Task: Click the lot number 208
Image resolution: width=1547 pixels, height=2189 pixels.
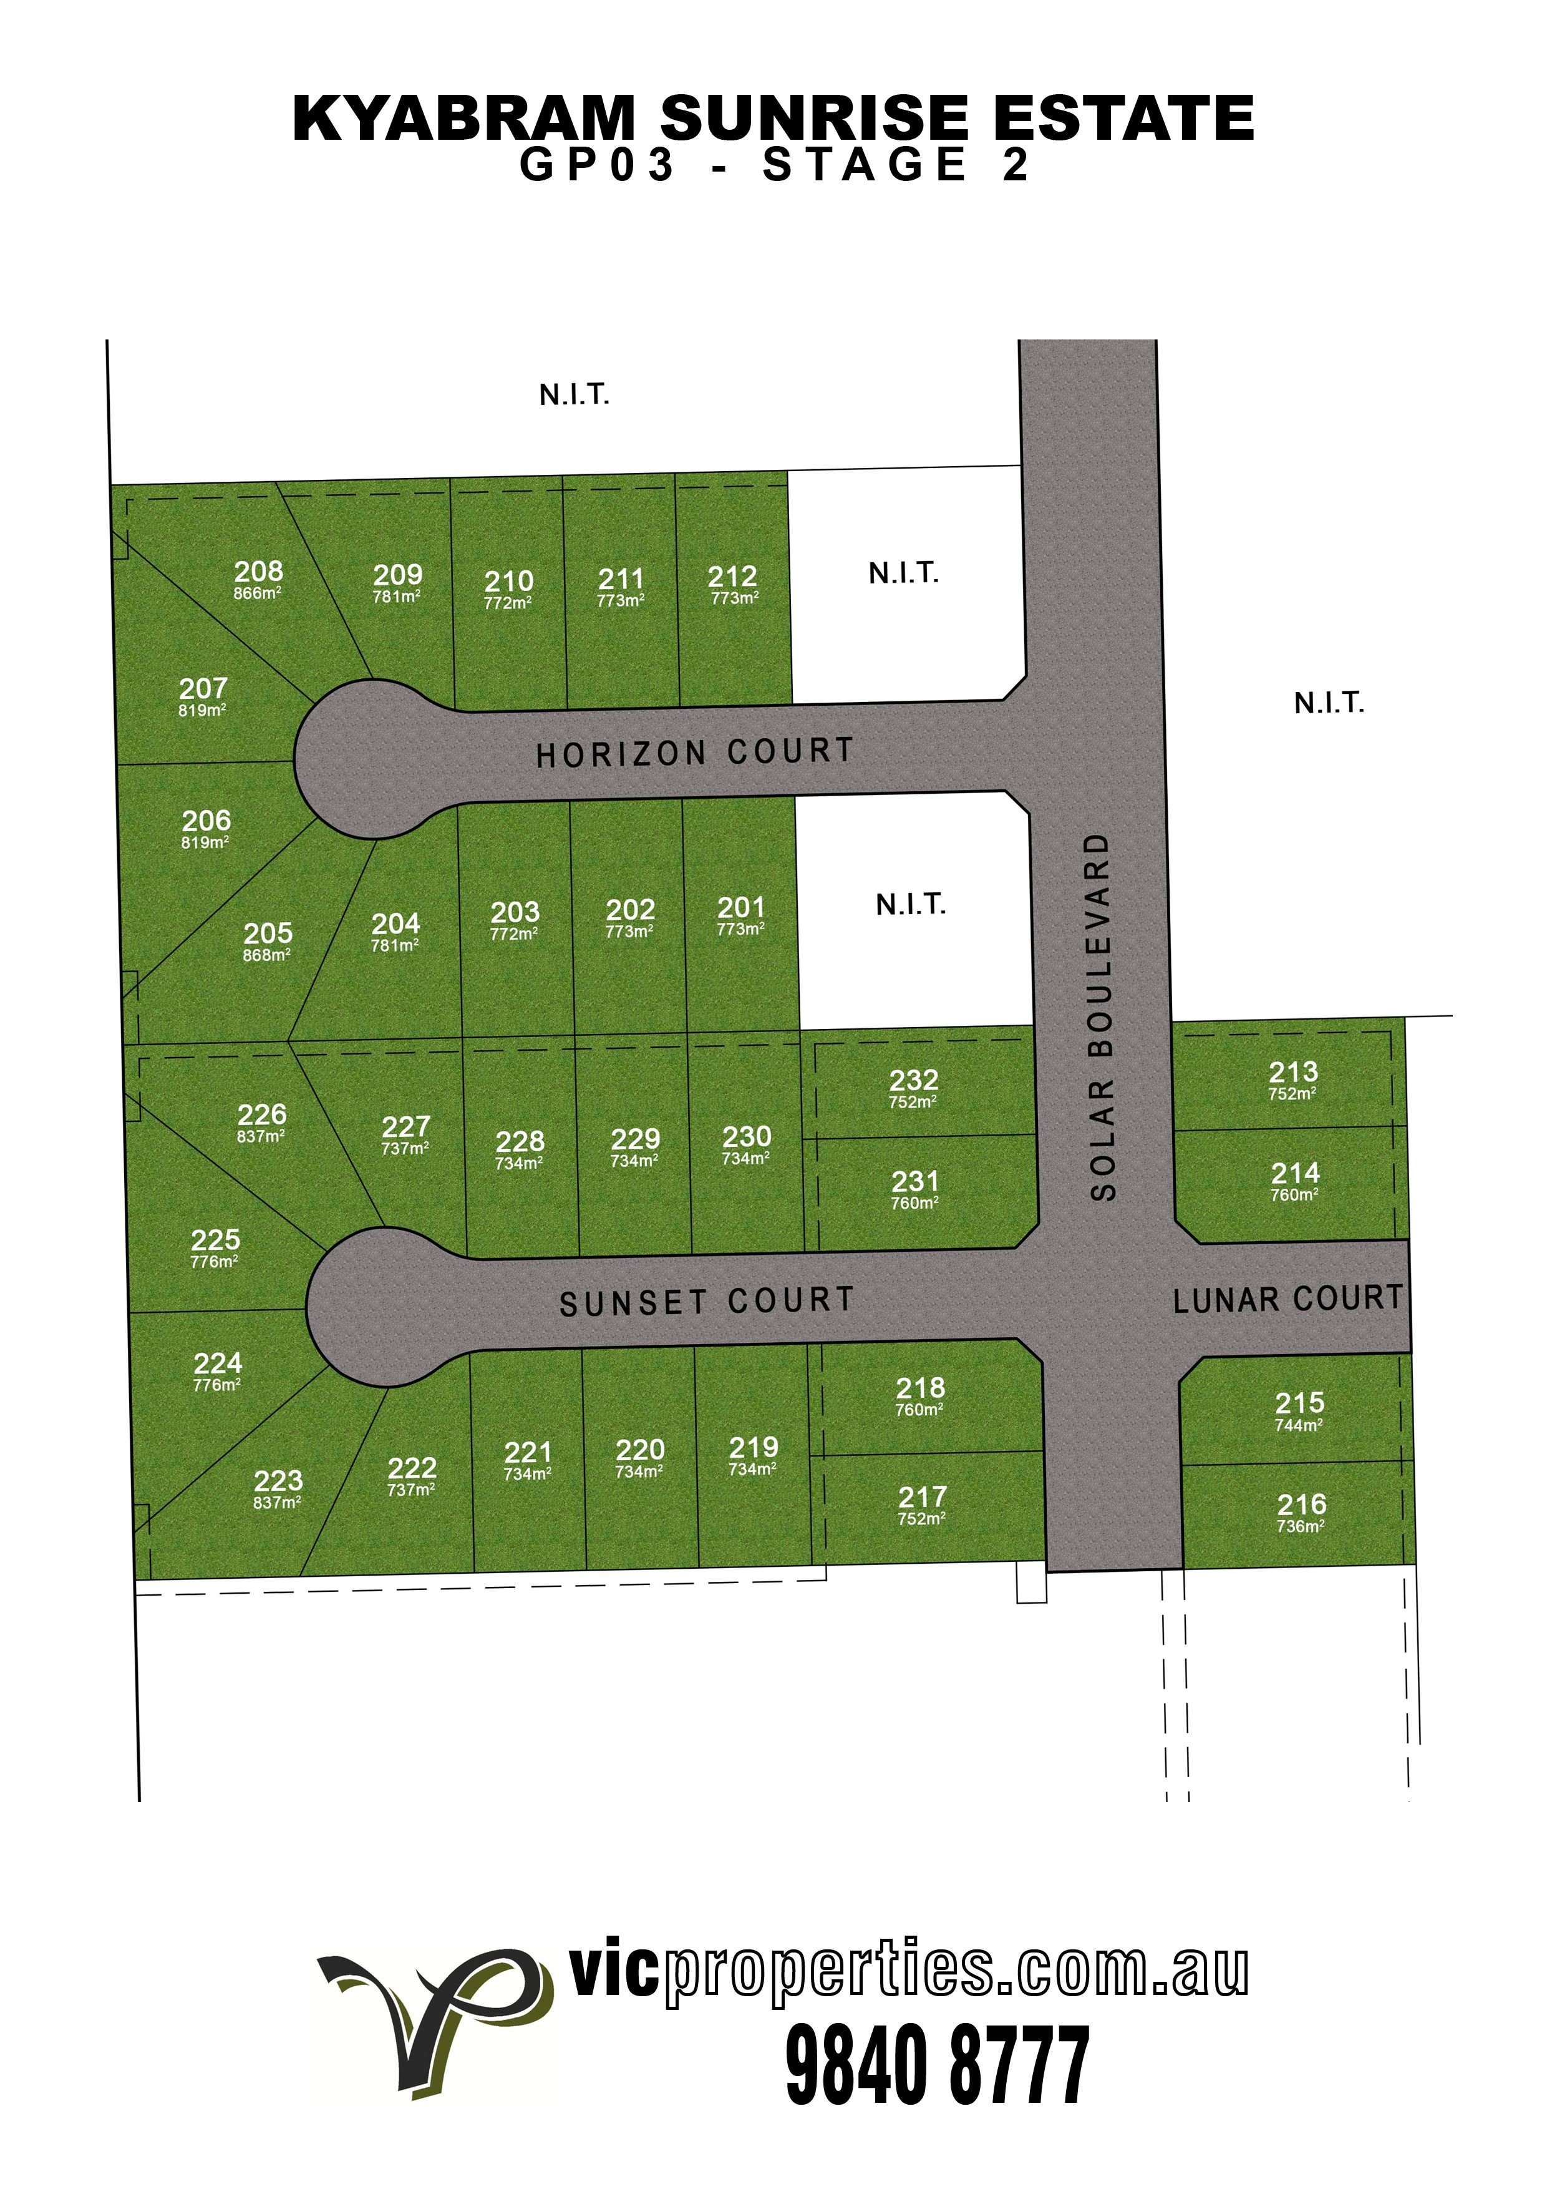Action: (x=258, y=571)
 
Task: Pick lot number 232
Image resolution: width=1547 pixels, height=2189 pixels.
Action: (x=913, y=1080)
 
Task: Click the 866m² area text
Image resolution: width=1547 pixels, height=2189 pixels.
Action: (x=258, y=593)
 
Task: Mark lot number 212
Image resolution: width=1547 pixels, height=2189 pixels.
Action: (x=732, y=577)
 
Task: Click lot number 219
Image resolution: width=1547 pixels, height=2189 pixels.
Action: (x=753, y=1447)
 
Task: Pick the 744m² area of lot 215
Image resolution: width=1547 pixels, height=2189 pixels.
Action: (x=1299, y=1425)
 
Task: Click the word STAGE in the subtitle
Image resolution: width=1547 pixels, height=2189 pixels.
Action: (x=865, y=165)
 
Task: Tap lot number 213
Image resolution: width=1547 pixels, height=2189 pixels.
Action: (x=1294, y=1071)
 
